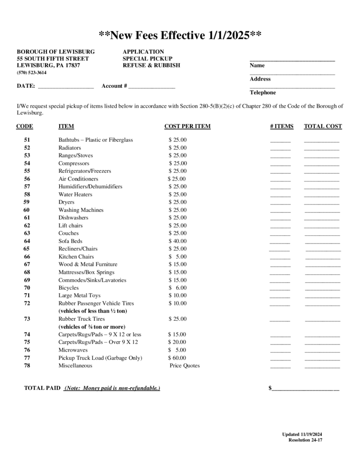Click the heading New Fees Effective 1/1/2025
(x=180, y=35)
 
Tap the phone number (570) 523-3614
(x=32, y=72)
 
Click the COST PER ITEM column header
(x=187, y=126)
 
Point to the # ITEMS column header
(x=281, y=126)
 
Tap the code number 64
(x=27, y=241)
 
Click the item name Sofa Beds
(x=70, y=241)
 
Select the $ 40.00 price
(x=177, y=241)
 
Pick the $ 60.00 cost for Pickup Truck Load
(x=177, y=358)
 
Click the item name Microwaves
(x=72, y=350)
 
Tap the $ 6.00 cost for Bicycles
(x=177, y=288)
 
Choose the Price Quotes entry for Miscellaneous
(x=185, y=366)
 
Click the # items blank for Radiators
(x=280, y=149)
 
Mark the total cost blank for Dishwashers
(x=322, y=219)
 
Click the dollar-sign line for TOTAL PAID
(x=305, y=389)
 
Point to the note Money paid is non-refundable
(x=112, y=388)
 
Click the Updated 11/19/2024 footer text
(x=302, y=434)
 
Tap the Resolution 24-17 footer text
(x=305, y=440)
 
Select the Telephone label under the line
(x=263, y=92)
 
